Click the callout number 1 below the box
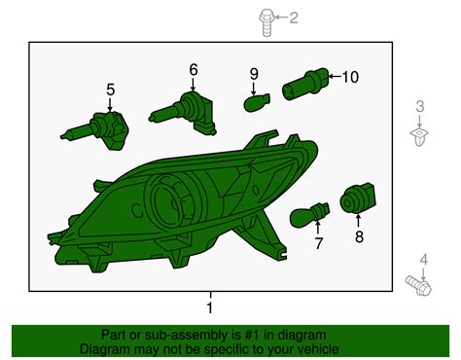[210, 307]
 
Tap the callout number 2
[294, 18]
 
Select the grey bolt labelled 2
[266, 22]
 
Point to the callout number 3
[420, 106]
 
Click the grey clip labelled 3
[419, 136]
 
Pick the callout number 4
[424, 260]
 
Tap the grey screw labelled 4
[418, 285]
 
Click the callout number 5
[111, 90]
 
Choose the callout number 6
[194, 70]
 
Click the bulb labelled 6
[183, 112]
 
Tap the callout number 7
[319, 243]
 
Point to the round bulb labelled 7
[309, 215]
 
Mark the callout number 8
[359, 236]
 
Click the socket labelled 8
[358, 198]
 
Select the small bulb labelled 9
[257, 102]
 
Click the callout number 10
[350, 77]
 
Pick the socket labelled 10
[305, 84]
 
